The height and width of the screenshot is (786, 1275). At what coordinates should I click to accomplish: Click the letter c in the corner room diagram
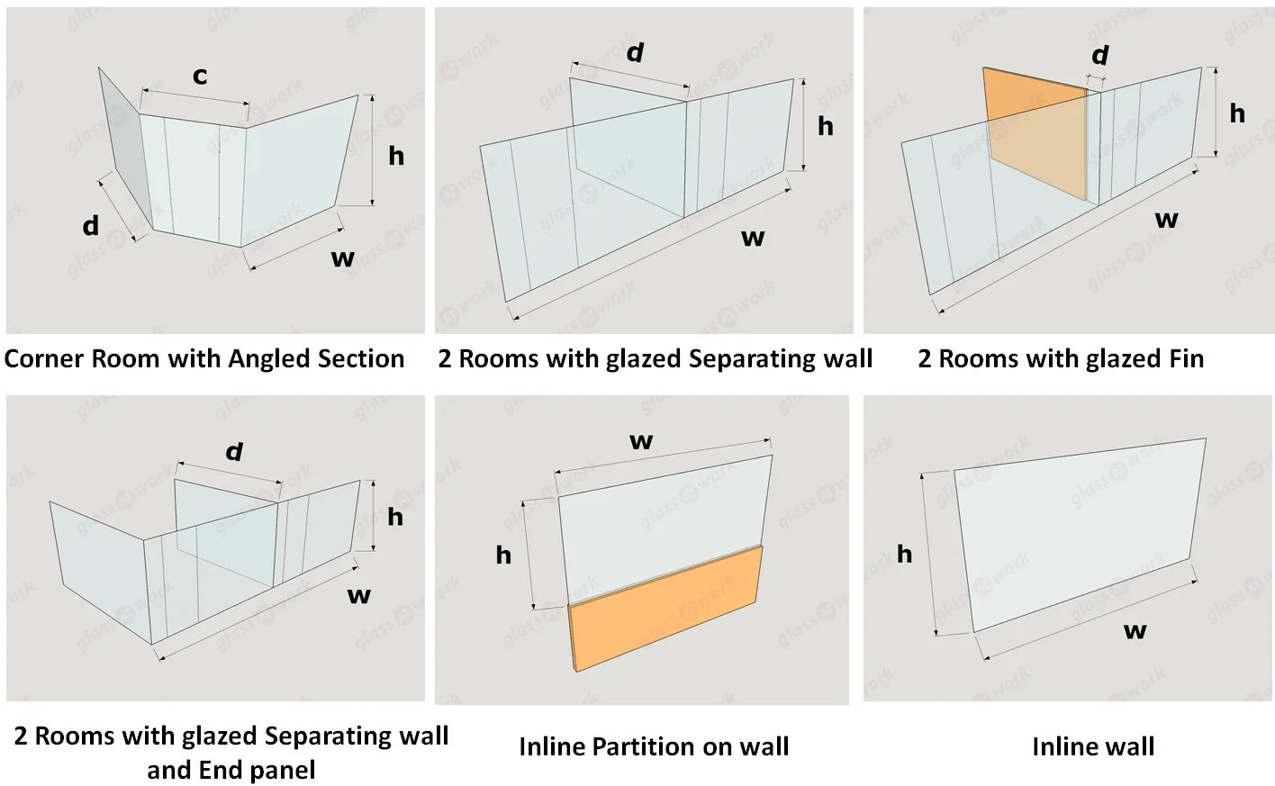point(200,77)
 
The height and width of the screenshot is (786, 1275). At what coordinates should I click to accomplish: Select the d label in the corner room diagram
point(90,225)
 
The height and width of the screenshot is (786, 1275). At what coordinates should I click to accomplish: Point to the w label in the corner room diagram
point(343,259)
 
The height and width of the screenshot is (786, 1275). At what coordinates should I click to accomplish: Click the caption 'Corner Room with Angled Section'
point(204,358)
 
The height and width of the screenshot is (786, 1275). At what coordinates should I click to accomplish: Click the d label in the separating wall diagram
point(636,52)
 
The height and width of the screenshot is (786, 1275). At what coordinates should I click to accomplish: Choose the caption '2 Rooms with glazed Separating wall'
point(655,358)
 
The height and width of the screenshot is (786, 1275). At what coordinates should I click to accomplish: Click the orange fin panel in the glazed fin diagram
point(1035,135)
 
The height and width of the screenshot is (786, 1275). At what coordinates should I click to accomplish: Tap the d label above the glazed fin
point(1100,56)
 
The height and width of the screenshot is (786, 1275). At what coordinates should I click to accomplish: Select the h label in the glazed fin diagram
point(1237,113)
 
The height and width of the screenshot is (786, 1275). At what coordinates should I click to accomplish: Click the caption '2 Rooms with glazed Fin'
point(1060,358)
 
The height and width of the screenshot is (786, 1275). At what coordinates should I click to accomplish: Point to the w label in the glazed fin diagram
point(1166,219)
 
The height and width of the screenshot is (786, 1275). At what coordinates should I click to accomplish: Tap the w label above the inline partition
point(641,441)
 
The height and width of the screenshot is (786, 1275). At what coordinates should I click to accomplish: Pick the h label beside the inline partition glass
point(503,555)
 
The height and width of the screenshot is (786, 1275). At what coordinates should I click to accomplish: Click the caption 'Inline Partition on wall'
point(654,746)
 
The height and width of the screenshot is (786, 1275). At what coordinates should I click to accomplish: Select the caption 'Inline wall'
point(1092,746)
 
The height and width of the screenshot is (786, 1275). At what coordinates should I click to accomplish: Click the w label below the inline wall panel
point(1135,630)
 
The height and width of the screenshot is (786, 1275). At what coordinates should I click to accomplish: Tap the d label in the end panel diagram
point(235,451)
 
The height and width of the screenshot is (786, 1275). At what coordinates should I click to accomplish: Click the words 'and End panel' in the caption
point(231,770)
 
